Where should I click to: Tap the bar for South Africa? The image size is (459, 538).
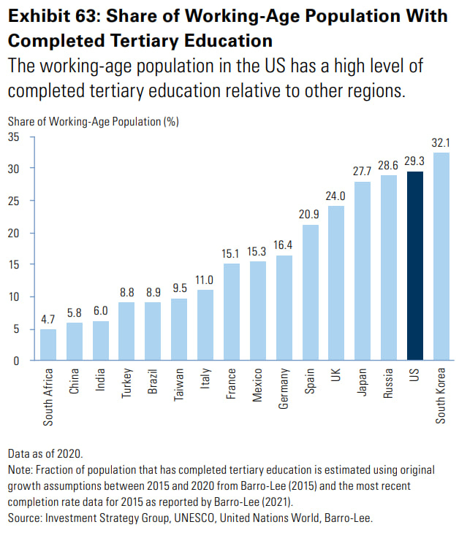(48, 345)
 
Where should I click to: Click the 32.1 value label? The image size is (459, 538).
(441, 143)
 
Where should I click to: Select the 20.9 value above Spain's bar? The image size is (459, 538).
(310, 215)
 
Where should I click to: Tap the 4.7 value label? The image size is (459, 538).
(48, 319)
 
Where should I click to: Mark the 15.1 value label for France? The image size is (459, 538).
(232, 253)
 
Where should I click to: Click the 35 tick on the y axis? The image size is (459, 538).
(14, 137)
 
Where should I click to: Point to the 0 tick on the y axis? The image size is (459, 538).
(17, 361)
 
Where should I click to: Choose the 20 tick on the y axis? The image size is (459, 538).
(14, 233)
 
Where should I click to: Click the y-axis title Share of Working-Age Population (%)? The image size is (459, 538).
(93, 122)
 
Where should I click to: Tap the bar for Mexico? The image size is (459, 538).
(258, 311)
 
